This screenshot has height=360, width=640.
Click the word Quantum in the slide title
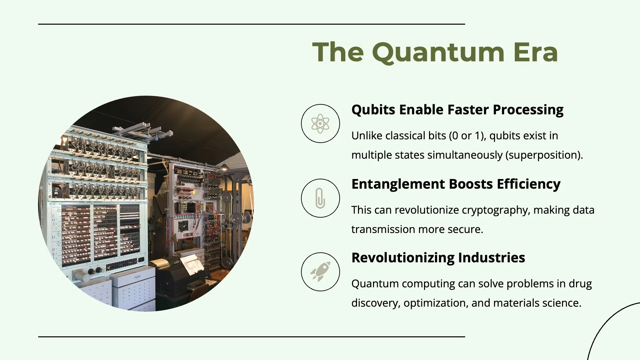click(438, 53)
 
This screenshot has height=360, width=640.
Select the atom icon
click(320, 124)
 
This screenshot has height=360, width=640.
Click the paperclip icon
click(320, 198)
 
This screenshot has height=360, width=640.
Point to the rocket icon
click(320, 271)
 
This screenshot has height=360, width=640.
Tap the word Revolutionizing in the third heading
click(403, 258)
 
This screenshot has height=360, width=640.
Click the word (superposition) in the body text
click(544, 155)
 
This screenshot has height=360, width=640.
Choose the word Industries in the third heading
click(492, 258)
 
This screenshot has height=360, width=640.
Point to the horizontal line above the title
click(252, 24)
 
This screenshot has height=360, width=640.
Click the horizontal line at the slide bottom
click(252, 337)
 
